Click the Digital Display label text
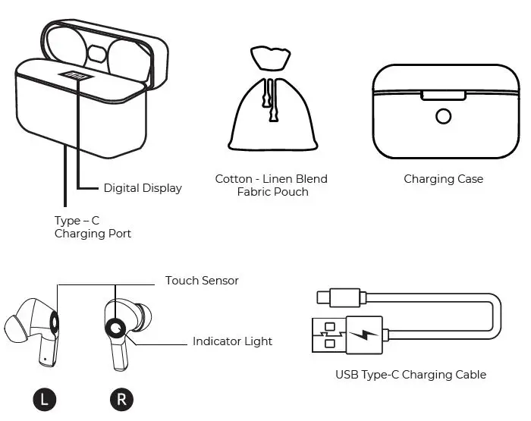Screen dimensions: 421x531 click(143, 188)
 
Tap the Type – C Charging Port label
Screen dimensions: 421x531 click(93, 227)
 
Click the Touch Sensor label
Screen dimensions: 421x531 click(202, 281)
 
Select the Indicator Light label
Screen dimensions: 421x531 click(232, 341)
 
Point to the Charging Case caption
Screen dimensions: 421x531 click(443, 179)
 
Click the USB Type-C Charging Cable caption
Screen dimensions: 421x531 click(410, 375)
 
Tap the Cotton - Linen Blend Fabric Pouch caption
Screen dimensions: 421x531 click(272, 185)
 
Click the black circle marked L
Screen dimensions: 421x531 click(44, 399)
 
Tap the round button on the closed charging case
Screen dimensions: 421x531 click(444, 116)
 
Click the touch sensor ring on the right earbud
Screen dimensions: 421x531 click(115, 327)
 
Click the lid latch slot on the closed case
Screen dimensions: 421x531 click(444, 95)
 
